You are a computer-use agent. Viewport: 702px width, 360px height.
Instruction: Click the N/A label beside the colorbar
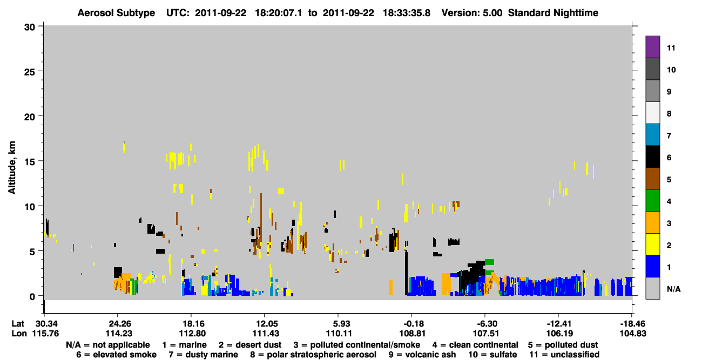pos(673,289)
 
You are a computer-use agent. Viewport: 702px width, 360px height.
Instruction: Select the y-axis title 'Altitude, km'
pos(11,168)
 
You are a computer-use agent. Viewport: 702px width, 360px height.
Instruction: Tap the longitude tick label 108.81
pos(413,334)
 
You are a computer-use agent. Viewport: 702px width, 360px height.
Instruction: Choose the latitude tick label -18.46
pos(632,324)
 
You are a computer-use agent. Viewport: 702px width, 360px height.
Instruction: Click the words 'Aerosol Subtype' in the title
pos(116,13)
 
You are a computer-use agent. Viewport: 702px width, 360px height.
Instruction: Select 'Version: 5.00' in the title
pos(472,13)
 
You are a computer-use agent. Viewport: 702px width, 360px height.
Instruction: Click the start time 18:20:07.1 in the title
pos(278,13)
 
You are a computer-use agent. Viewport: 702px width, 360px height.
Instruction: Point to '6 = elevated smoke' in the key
pos(116,355)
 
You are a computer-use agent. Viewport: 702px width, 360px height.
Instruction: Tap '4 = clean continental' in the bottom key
pos(475,345)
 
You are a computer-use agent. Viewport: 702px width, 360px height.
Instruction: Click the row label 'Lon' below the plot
pos(19,334)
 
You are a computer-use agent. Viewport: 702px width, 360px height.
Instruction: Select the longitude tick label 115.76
pos(45,334)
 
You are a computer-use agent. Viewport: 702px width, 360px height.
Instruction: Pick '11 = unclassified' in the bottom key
pos(564,355)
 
